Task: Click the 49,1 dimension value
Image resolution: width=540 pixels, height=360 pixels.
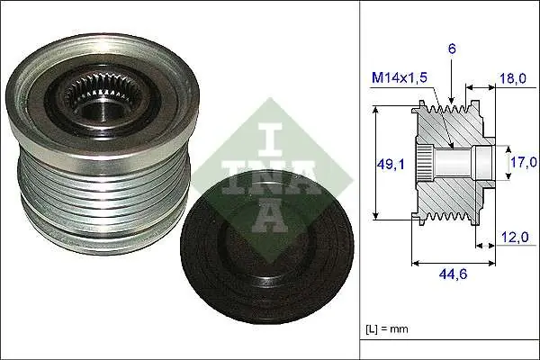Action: click(x=390, y=165)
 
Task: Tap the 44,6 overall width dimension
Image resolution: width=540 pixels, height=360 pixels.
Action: click(x=453, y=274)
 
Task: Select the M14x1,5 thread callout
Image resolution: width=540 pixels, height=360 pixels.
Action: click(x=399, y=77)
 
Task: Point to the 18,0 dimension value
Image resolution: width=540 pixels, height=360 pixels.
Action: click(x=512, y=78)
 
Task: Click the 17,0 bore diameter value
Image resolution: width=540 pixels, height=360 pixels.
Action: click(x=524, y=162)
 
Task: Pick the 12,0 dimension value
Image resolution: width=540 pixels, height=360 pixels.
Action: click(x=515, y=237)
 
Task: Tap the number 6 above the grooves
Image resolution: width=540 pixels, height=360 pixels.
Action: click(x=452, y=49)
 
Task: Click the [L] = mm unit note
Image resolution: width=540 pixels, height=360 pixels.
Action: click(x=387, y=328)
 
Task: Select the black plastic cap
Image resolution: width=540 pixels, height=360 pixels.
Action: click(x=267, y=248)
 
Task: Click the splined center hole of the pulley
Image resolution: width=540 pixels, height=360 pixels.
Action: click(x=102, y=100)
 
